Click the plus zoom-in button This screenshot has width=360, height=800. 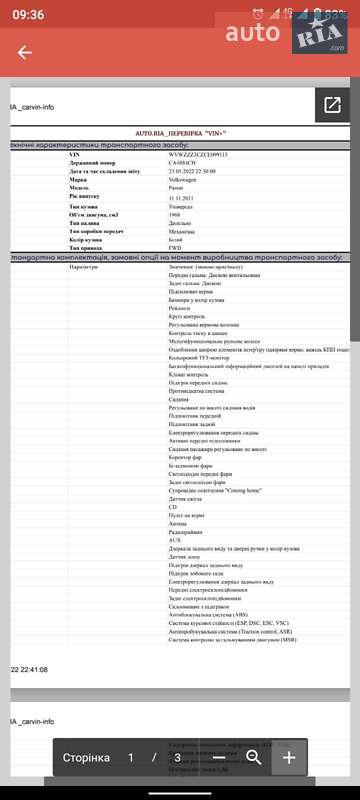click(x=288, y=757)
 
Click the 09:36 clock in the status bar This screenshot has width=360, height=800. click(x=28, y=14)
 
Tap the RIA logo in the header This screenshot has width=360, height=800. click(x=318, y=37)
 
